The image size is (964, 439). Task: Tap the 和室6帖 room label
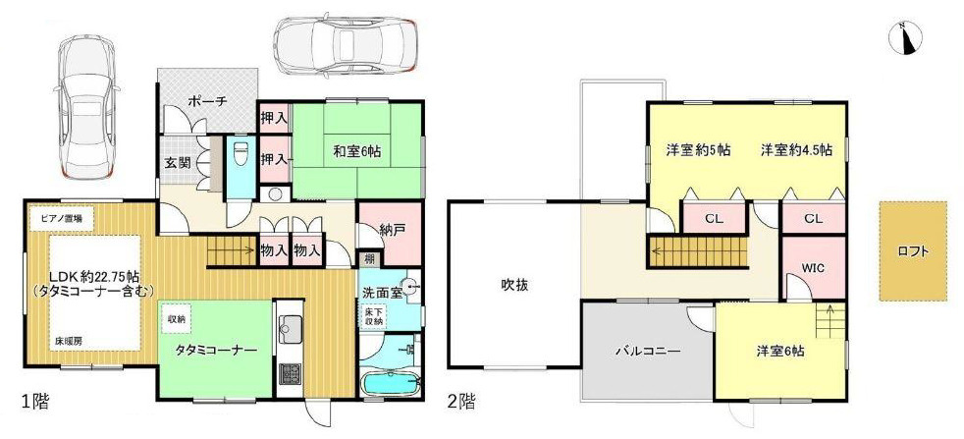[x=356, y=151]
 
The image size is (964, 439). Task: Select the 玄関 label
[x=177, y=163]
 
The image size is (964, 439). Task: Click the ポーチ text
[x=208, y=100]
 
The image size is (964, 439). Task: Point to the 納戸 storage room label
[x=391, y=231]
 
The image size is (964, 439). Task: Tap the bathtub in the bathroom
[x=390, y=384]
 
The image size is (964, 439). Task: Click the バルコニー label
[x=649, y=351]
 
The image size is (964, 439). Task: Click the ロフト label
[x=913, y=250]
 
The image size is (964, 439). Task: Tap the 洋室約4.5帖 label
[x=796, y=150]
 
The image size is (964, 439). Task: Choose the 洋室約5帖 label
[x=698, y=150]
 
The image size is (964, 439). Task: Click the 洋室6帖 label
[x=779, y=351]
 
